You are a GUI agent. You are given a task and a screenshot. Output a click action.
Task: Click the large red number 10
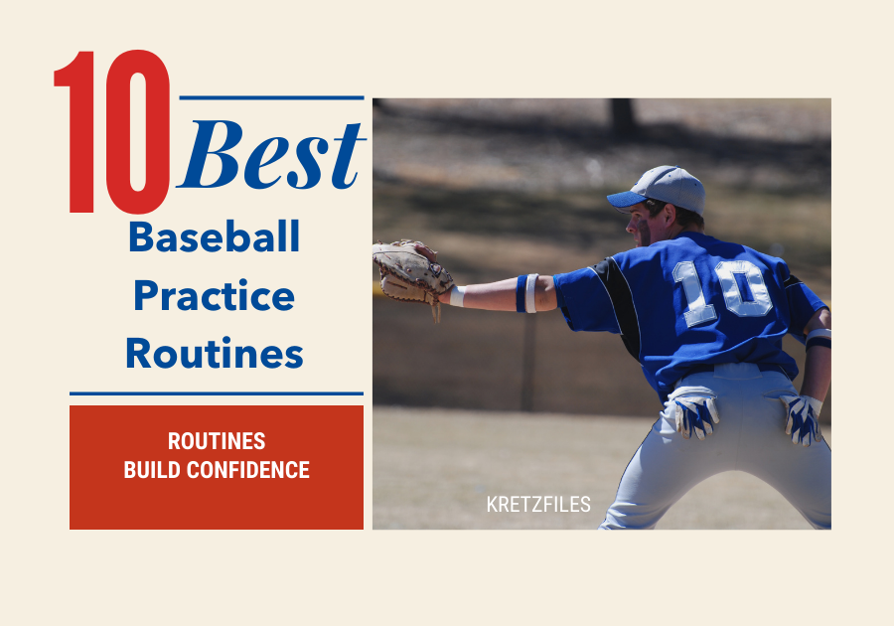112,134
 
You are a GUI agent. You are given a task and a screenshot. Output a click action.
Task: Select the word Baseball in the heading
215,238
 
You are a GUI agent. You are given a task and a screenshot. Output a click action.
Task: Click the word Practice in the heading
215,296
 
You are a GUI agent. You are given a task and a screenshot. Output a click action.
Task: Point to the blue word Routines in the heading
215,354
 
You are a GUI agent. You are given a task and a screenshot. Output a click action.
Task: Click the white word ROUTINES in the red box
217,442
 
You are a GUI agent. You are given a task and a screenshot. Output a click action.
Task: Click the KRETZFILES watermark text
538,505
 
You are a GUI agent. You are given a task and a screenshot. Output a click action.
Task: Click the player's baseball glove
408,270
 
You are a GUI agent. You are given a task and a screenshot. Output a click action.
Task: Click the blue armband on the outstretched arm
522,293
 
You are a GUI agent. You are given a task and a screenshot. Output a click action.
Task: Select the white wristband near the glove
457,296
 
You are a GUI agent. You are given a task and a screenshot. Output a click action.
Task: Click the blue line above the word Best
270,98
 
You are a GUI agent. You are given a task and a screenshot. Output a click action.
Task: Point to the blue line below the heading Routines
217,393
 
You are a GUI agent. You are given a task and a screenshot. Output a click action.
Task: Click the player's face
642,221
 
